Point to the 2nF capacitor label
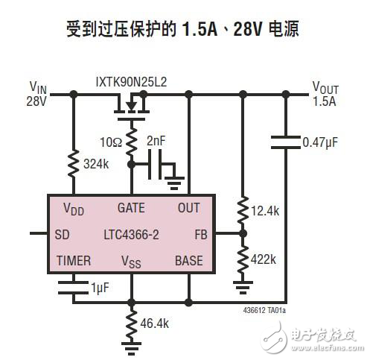[x=158, y=140]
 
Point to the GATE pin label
[x=131, y=208]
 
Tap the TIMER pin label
[x=73, y=260]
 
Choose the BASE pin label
[x=188, y=260]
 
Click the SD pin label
[x=63, y=233]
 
